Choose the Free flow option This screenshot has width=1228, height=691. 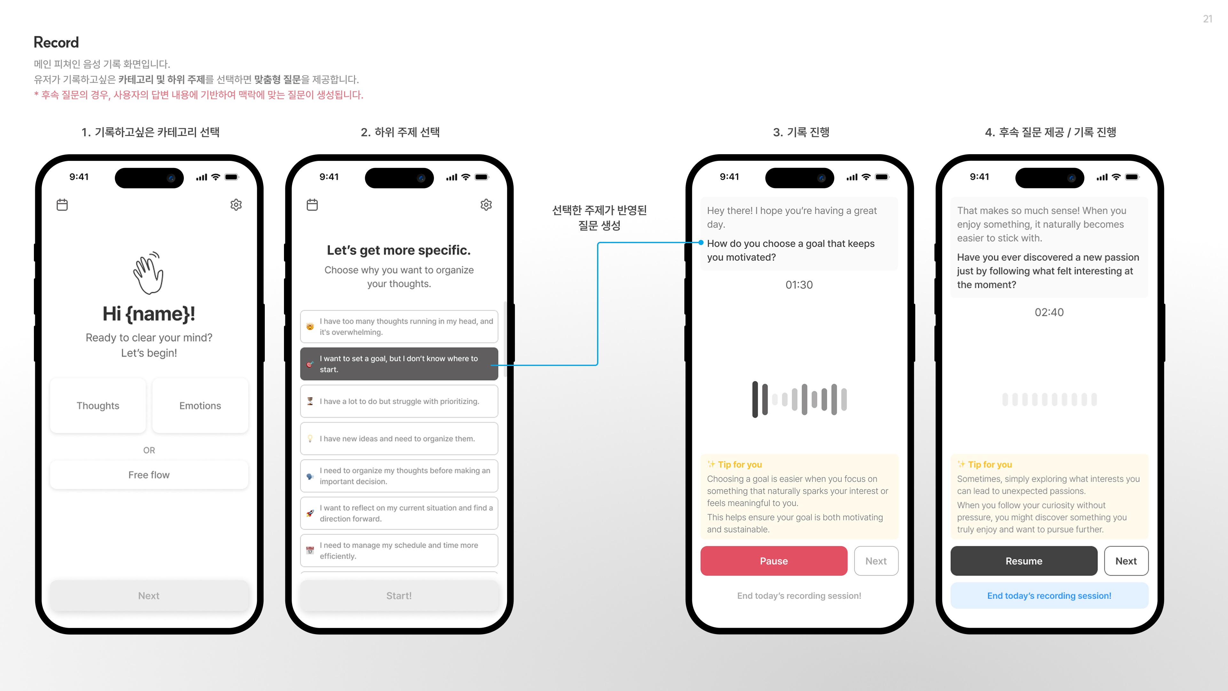coord(149,475)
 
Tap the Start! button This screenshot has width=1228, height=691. coord(398,596)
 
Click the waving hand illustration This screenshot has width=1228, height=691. coord(148,273)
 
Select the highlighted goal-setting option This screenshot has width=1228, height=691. coord(398,364)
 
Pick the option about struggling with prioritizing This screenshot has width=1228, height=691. coord(398,401)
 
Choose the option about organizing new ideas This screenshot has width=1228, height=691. coord(398,439)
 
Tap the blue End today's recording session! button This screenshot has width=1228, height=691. coord(1049,596)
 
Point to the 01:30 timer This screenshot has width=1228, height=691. coord(799,285)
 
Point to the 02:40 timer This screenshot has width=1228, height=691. coord(1049,312)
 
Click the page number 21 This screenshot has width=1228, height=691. coord(1207,19)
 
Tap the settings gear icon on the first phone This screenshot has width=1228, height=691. coord(236,205)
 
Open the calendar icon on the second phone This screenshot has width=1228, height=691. coord(312,205)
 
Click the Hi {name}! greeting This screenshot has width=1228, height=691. coord(149,314)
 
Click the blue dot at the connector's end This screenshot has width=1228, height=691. coord(701,243)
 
